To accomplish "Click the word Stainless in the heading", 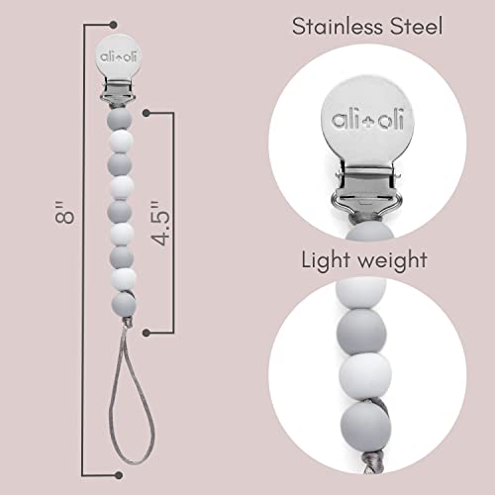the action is tap(339, 27).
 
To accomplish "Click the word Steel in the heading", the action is tap(417, 27).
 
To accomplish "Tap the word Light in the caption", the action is tap(326, 261).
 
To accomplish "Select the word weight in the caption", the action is tap(393, 261).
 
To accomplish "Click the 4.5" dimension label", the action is tap(161, 223).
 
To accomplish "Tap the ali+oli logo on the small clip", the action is tap(115, 56).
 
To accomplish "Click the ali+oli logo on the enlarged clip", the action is tap(367, 120).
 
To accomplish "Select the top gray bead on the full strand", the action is tap(120, 119).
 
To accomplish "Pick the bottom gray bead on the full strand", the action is tap(124, 303).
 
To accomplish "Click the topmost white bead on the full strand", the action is tap(121, 142).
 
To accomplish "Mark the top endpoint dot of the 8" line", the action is tap(113, 24).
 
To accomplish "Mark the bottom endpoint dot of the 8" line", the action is tap(119, 475).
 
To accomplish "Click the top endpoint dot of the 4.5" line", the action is tap(147, 113).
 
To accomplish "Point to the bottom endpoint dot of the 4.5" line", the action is tap(147, 332).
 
